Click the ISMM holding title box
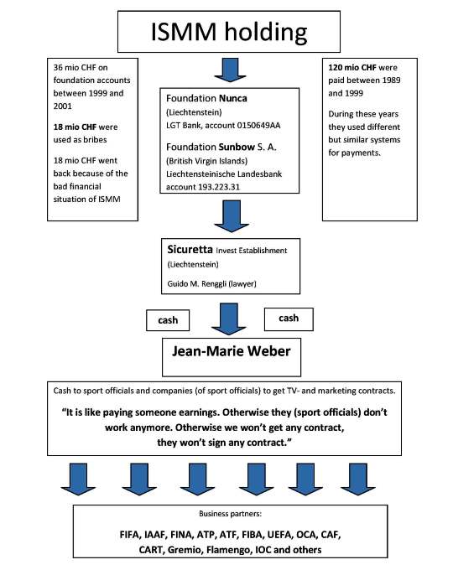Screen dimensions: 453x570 (229, 32)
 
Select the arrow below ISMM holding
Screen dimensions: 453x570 (230, 70)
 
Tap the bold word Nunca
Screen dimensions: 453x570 (233, 99)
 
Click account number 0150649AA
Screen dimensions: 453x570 (258, 126)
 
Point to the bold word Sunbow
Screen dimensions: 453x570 (237, 148)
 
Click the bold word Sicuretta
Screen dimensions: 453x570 (190, 250)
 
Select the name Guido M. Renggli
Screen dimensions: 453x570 (195, 283)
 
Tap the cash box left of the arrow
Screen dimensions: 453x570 (168, 320)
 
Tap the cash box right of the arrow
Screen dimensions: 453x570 (289, 319)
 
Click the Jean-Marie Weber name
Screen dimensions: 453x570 (232, 351)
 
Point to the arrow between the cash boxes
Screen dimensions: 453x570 (229, 319)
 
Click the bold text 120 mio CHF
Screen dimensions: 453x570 (352, 68)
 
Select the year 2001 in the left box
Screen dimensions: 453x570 (63, 106)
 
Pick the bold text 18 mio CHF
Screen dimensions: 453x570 (75, 127)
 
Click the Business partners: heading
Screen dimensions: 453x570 (230, 514)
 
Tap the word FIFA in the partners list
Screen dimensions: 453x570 (129, 535)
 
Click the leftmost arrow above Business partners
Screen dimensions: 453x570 (78, 479)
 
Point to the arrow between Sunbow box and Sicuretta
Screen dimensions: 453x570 (232, 216)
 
